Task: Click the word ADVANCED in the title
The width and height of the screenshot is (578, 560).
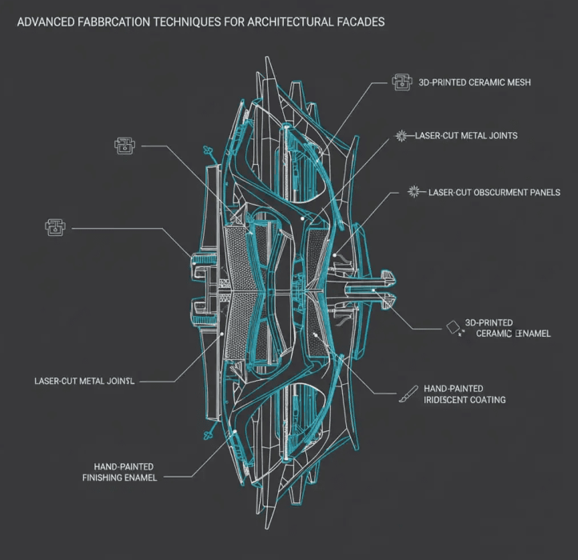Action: coord(43,22)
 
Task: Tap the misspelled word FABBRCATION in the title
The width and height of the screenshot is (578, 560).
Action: coord(113,22)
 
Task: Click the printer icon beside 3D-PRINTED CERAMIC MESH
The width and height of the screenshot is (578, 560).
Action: coord(401,81)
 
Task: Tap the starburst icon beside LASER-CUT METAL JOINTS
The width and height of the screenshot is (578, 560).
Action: coord(402,135)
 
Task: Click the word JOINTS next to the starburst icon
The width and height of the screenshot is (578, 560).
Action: coord(499,136)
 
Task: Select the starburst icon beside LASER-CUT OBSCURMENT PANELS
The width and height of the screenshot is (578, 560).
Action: coord(414,192)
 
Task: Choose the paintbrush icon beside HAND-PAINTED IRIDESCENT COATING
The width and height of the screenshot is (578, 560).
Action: coord(409,393)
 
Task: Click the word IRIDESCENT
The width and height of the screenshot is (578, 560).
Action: coord(454,399)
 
